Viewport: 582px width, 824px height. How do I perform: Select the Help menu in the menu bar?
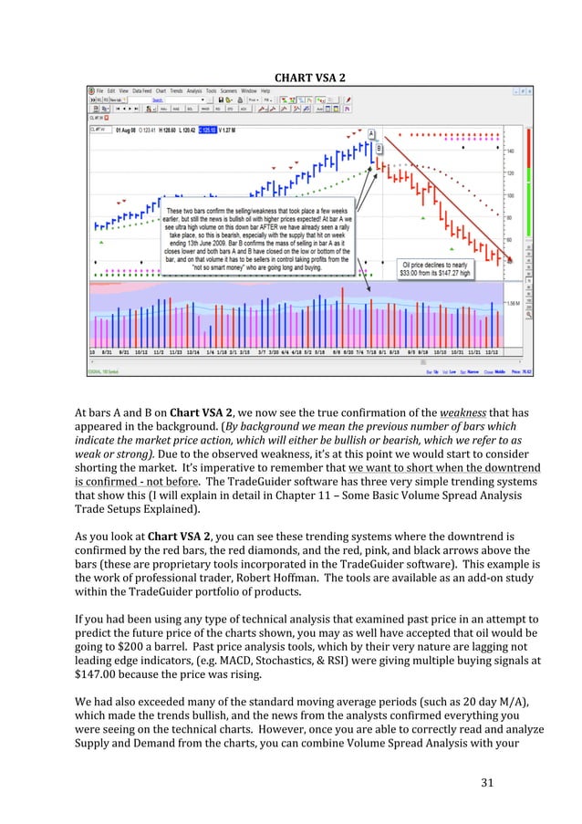pyautogui.click(x=266, y=91)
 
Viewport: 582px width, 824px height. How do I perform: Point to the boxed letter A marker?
pyautogui.click(x=371, y=134)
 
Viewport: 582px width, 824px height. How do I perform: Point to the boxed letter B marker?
pyautogui.click(x=379, y=148)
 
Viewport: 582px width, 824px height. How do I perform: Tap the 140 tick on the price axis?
pyautogui.click(x=510, y=151)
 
